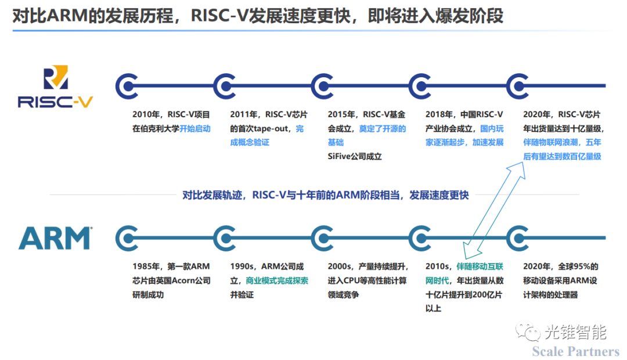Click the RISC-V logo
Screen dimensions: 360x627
pyautogui.click(x=55, y=87)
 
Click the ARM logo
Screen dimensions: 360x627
pyautogui.click(x=55, y=239)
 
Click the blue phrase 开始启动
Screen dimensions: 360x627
pyautogui.click(x=195, y=129)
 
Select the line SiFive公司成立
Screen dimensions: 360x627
pyautogui.click(x=355, y=157)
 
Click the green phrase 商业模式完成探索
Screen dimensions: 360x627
pyautogui.click(x=277, y=280)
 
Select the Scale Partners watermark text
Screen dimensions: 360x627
pyautogui.click(x=575, y=351)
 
